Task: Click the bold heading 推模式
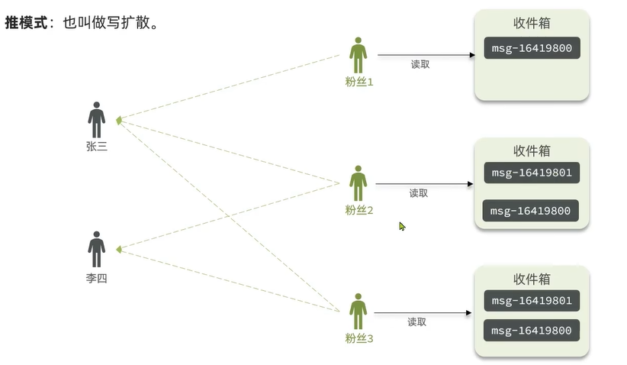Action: click(x=26, y=23)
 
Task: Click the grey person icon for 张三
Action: click(x=96, y=119)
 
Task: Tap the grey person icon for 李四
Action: click(x=96, y=249)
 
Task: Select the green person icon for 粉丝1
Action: click(x=359, y=55)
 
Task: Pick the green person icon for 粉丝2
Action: click(x=359, y=183)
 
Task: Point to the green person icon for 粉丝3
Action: click(x=359, y=312)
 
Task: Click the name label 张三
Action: click(x=97, y=147)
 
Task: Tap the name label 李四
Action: click(x=97, y=279)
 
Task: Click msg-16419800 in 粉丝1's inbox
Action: click(x=532, y=49)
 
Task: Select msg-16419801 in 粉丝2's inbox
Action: click(x=532, y=173)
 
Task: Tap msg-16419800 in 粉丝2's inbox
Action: click(x=531, y=211)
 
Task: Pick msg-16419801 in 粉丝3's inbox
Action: click(x=532, y=300)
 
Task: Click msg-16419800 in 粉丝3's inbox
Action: click(x=531, y=331)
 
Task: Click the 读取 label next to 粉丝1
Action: click(x=420, y=65)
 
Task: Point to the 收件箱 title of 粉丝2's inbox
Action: click(x=532, y=150)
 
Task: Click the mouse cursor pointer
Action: click(x=402, y=226)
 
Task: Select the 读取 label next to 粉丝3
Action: click(x=417, y=322)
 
